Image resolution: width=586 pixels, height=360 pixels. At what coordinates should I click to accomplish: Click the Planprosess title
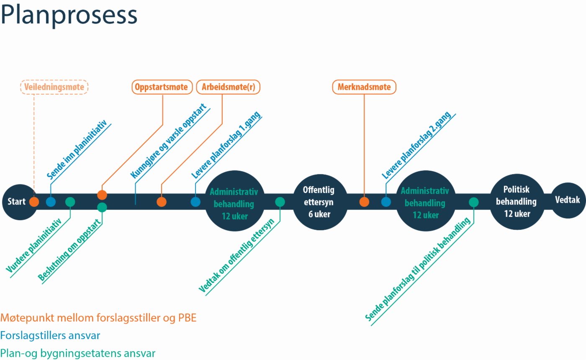(69, 15)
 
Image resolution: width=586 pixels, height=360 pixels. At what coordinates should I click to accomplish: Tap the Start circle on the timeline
(17, 202)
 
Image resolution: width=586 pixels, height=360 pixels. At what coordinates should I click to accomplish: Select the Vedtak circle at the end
(567, 200)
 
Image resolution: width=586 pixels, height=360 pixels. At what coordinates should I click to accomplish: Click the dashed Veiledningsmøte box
(54, 87)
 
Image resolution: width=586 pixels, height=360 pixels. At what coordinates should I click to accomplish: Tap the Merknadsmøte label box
(364, 87)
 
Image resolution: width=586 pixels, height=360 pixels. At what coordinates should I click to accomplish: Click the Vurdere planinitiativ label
(38, 245)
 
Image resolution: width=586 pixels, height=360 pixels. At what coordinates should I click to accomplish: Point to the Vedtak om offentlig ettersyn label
(236, 256)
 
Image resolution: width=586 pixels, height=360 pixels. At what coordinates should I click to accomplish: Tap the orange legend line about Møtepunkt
(98, 318)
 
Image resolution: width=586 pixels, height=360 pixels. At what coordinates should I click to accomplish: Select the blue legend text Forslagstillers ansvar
(50, 335)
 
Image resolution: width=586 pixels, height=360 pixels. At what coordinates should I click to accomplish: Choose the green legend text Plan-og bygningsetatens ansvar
(78, 353)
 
